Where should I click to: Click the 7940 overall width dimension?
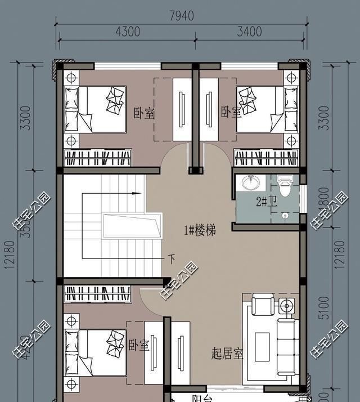(181, 16)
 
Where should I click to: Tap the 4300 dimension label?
(128, 32)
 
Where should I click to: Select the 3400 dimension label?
(249, 32)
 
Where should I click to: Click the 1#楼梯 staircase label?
(199, 230)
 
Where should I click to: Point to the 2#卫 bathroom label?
(265, 202)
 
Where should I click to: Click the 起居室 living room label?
(228, 354)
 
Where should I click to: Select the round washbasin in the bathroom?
(250, 184)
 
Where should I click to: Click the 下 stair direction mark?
(172, 259)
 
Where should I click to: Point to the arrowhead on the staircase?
(137, 193)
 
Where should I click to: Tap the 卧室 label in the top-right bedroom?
(231, 113)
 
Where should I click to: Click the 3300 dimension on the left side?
(25, 117)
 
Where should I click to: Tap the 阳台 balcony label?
(201, 399)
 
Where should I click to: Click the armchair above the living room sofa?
(263, 305)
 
